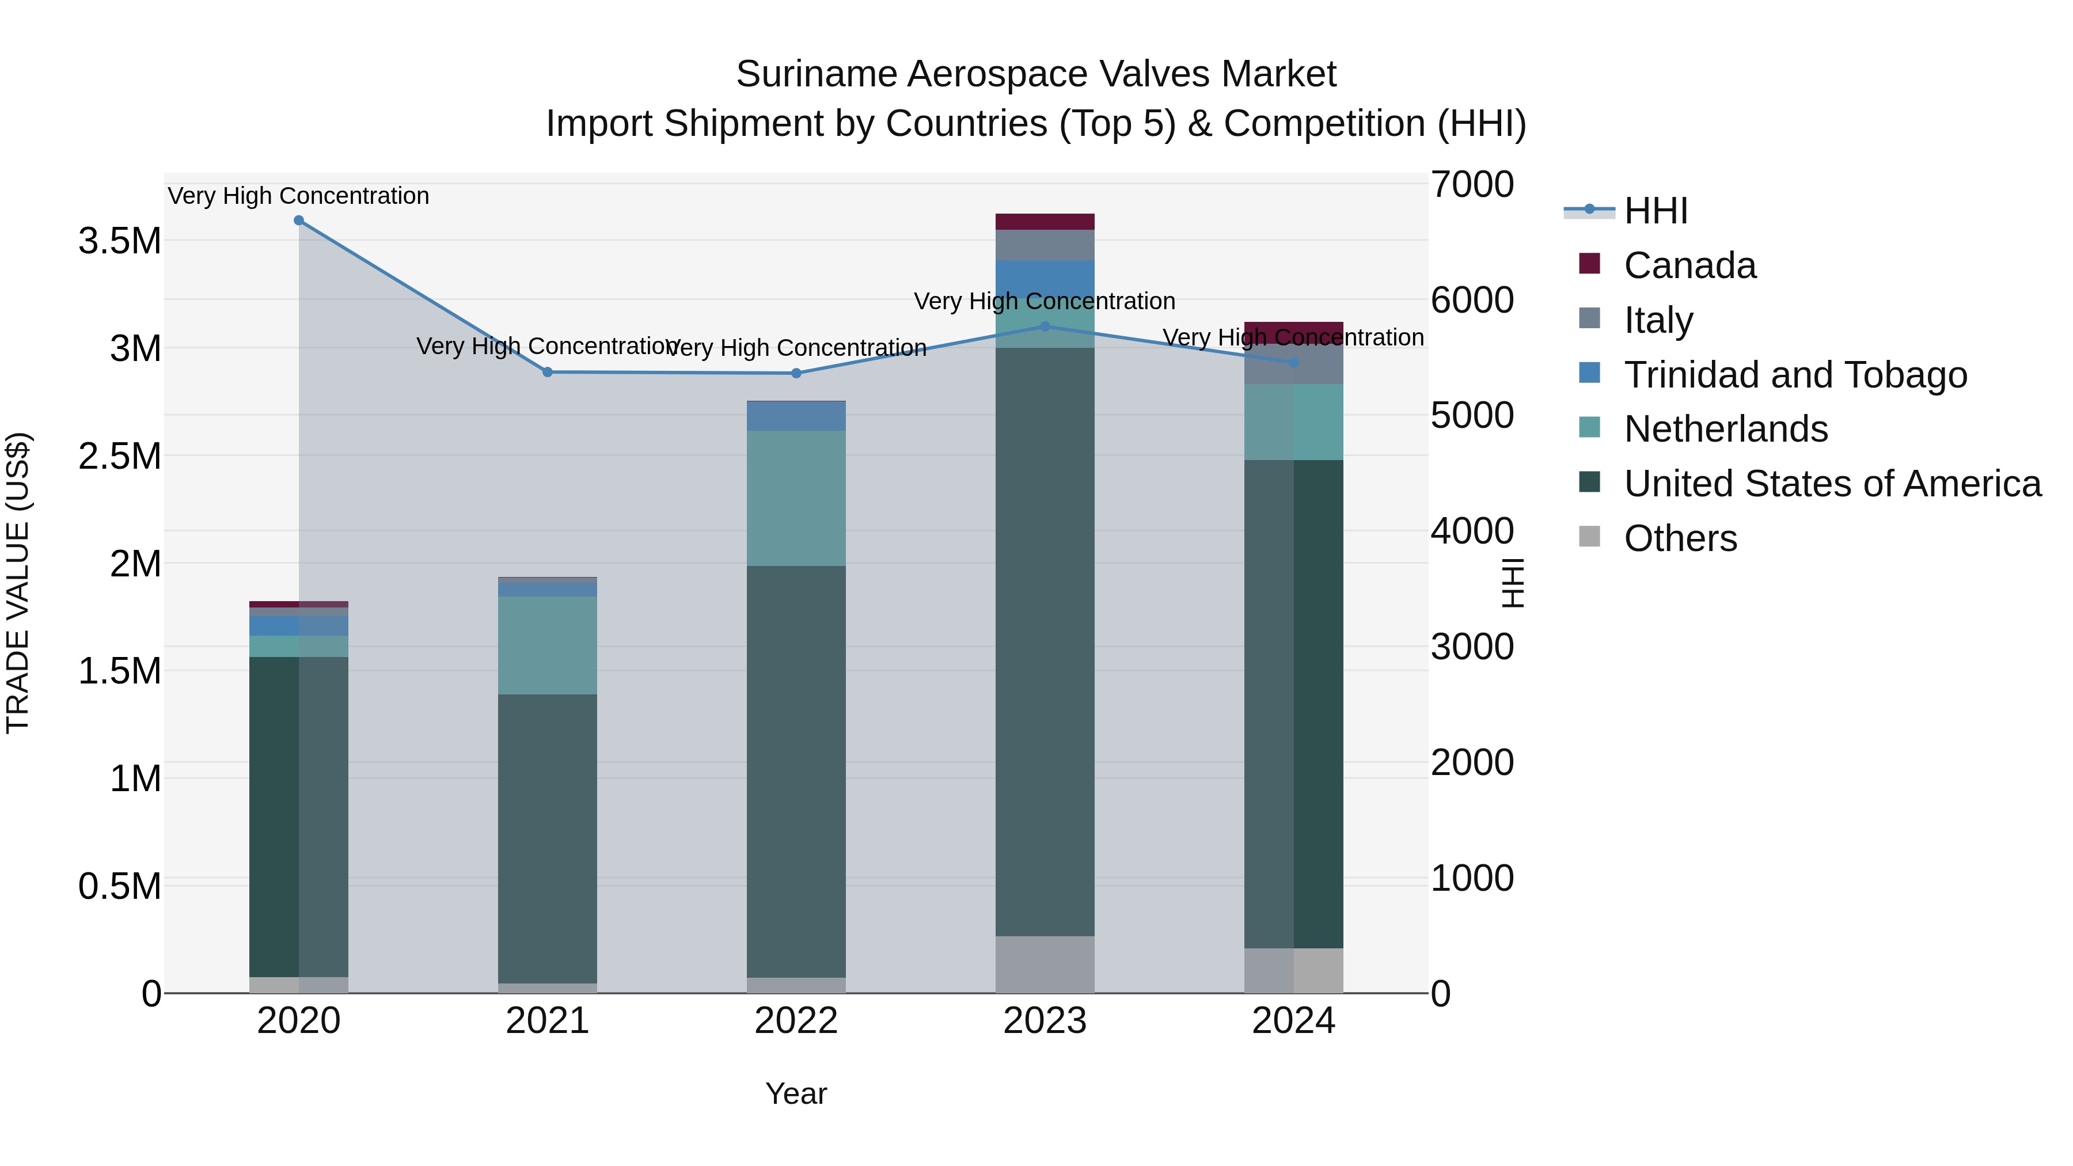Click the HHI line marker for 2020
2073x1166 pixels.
click(x=298, y=221)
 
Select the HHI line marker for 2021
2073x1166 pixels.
click(x=547, y=372)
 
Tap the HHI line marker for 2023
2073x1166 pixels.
click(x=1045, y=326)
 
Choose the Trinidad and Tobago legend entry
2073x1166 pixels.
click(x=1794, y=375)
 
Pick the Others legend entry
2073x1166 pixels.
click(x=1680, y=538)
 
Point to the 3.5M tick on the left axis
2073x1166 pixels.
click(x=119, y=241)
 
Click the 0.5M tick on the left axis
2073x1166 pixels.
click(x=119, y=886)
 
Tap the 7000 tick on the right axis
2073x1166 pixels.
click(x=1472, y=184)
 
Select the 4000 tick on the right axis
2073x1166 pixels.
click(x=1472, y=531)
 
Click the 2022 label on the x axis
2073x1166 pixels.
click(x=796, y=1021)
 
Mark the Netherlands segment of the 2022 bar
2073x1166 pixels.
click(x=796, y=498)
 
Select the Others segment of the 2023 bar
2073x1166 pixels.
click(x=1045, y=964)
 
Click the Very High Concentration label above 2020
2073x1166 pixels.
click(x=298, y=196)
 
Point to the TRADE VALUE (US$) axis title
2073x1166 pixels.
click(x=18, y=583)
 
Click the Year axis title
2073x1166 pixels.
click(x=796, y=1093)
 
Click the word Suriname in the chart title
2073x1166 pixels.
click(x=816, y=74)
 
